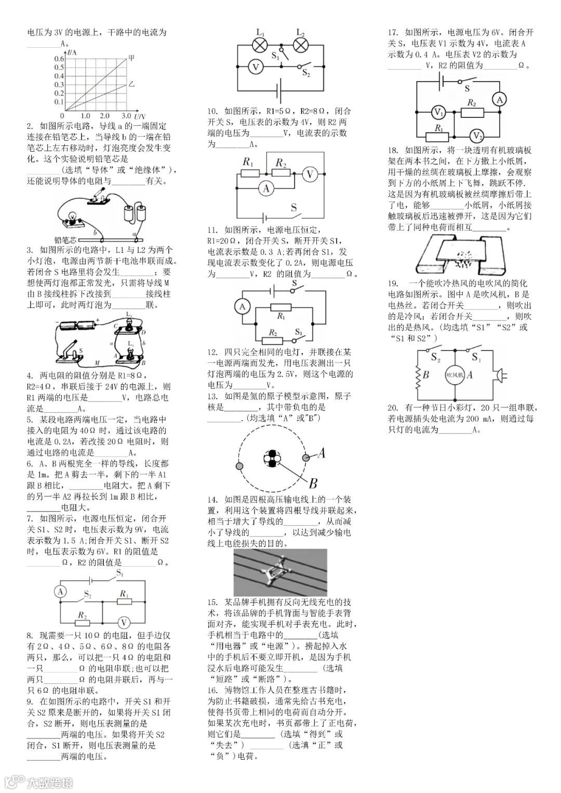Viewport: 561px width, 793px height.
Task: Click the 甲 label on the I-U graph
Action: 131,58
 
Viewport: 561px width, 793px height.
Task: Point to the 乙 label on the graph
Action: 131,83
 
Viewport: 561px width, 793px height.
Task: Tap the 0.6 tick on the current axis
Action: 58,59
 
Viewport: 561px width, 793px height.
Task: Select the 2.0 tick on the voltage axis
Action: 105,115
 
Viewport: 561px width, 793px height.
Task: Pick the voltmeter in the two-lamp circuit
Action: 254,68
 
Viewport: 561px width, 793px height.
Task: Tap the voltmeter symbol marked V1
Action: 438,112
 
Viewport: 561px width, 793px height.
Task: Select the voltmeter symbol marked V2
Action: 476,136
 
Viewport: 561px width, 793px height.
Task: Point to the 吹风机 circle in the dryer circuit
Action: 455,374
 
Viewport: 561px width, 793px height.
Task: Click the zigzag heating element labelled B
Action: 417,375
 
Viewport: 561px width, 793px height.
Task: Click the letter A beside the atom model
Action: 321,453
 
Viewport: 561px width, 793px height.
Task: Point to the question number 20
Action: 393,408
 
